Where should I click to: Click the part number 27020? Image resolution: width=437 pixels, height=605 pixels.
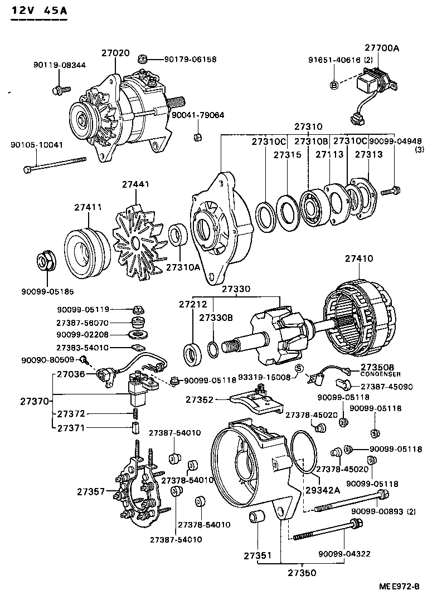115,53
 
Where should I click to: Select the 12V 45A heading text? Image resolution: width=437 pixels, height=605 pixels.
39,11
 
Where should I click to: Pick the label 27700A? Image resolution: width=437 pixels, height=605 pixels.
382,48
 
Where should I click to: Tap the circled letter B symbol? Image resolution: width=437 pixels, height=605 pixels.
334,85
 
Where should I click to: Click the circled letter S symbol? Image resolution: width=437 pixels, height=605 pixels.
299,368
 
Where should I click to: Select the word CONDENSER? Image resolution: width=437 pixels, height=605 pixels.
377,375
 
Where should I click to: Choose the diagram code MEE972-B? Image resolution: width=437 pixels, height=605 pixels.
399,587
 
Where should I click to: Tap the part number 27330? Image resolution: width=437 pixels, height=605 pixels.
236,290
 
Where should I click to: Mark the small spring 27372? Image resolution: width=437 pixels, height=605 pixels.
134,413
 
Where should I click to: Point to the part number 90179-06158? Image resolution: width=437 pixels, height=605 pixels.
190,59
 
